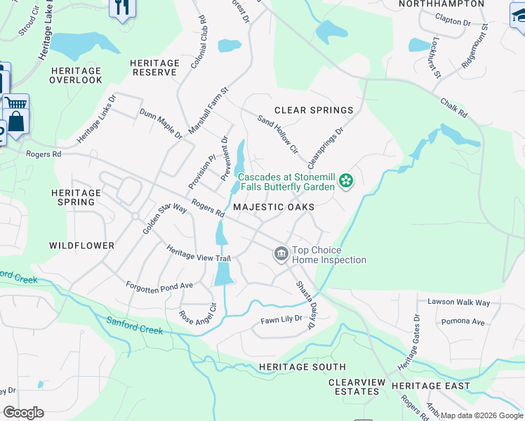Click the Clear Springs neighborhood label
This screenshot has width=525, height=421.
click(x=313, y=110)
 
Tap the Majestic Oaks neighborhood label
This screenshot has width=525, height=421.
click(x=273, y=207)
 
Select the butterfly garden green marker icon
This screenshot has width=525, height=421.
click(x=345, y=182)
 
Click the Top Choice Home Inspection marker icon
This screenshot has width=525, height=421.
click(x=281, y=253)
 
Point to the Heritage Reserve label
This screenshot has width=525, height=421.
click(x=154, y=67)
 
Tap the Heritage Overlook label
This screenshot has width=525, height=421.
click(x=76, y=76)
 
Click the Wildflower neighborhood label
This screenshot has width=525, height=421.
click(x=81, y=246)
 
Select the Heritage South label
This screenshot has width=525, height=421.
click(x=302, y=367)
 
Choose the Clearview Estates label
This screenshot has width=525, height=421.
click(x=357, y=387)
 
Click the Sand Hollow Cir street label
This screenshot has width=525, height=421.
click(x=278, y=133)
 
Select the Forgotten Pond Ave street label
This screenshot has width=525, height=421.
click(x=159, y=286)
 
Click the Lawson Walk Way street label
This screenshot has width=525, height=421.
click(x=459, y=302)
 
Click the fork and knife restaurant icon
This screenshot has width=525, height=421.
click(x=123, y=7)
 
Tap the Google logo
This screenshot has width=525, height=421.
click(x=23, y=413)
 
